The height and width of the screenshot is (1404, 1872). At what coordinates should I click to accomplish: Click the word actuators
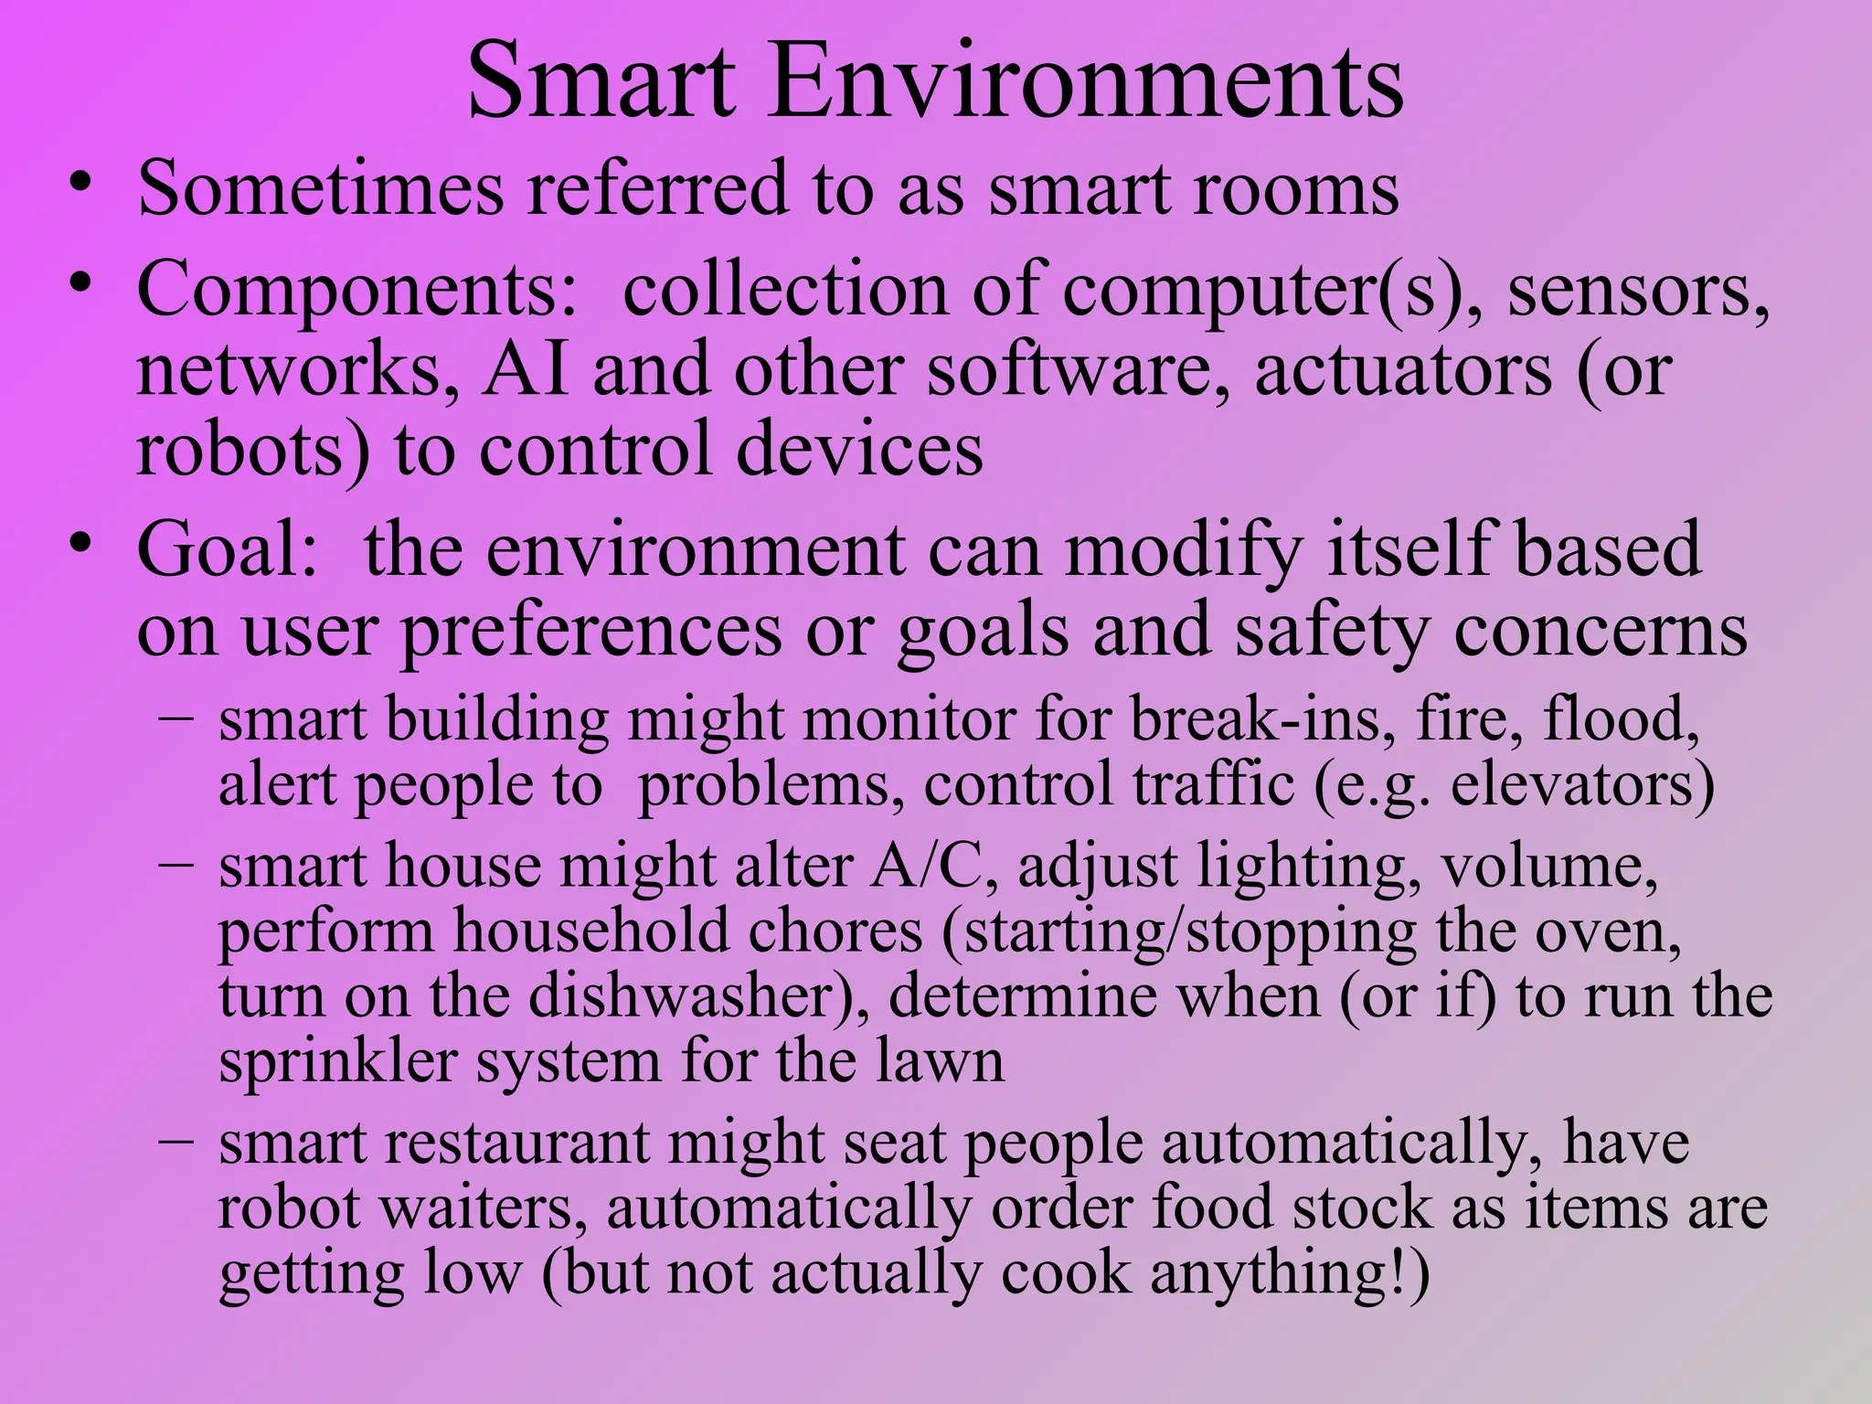click(1403, 371)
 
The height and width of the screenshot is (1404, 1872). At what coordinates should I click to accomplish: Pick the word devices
click(859, 450)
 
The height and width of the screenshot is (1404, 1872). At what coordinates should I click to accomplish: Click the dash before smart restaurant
click(175, 1141)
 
